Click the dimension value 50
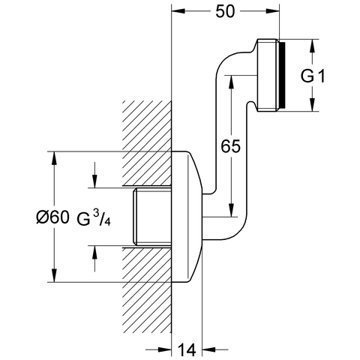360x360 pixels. pyautogui.click(x=225, y=11)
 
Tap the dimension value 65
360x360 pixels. pyautogui.click(x=230, y=146)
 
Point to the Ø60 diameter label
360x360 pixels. pyautogui.click(x=52, y=217)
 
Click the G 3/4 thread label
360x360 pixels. pyautogui.click(x=93, y=218)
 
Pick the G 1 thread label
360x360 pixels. pyautogui.click(x=313, y=76)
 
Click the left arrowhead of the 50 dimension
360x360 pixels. pyautogui.click(x=178, y=11)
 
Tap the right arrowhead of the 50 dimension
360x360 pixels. pyautogui.click(x=272, y=11)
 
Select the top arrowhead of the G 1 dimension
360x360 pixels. pyautogui.click(x=312, y=46)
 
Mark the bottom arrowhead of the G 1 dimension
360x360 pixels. pyautogui.click(x=312, y=104)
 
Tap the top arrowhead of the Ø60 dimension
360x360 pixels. pyautogui.click(x=54, y=158)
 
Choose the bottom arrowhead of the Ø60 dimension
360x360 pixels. pyautogui.click(x=54, y=275)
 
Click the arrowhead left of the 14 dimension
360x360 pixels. pyautogui.click(x=165, y=349)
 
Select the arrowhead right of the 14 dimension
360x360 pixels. pyautogui.click(x=208, y=349)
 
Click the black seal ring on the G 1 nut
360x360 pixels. pyautogui.click(x=282, y=75)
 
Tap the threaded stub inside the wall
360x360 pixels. pyautogui.click(x=152, y=217)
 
